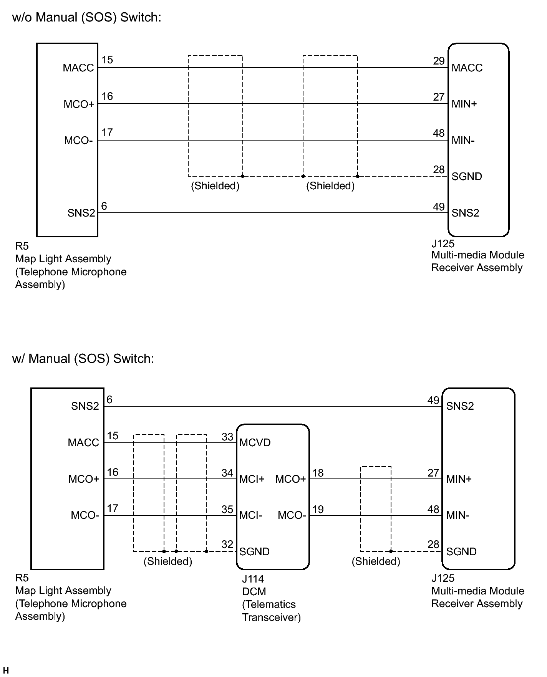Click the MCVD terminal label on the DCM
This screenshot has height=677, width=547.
255,443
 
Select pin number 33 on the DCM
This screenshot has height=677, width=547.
227,437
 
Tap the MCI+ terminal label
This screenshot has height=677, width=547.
252,479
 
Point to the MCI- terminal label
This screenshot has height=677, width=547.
250,515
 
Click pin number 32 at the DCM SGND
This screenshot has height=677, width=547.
227,544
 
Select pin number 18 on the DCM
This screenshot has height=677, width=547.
318,473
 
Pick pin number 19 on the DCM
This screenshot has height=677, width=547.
318,510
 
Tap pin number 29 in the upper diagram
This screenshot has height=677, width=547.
439,61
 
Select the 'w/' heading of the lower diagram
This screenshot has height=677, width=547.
19,359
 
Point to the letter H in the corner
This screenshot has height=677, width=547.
5,670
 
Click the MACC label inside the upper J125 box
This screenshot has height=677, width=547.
467,68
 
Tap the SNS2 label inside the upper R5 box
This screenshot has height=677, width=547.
81,213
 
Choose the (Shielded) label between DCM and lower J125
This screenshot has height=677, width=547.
376,561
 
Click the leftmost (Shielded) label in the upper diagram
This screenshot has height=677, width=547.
215,186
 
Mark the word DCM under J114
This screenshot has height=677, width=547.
254,592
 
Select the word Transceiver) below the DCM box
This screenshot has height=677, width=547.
271,617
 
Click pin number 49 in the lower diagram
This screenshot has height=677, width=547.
433,400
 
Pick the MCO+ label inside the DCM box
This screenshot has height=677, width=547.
290,479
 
